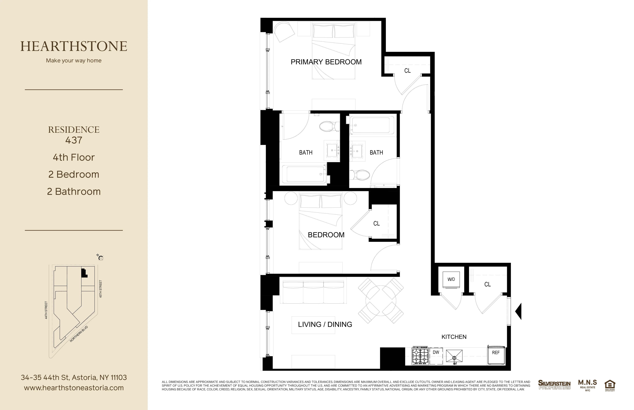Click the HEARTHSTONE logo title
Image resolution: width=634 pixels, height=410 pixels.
point(74,46)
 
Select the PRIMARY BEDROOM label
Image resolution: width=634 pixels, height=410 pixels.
point(326,62)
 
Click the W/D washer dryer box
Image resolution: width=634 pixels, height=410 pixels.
point(451,280)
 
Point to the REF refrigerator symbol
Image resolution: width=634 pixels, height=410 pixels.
point(496,355)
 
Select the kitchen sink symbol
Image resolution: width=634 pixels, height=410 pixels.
point(454,356)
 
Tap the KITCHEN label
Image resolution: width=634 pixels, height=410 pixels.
point(454,337)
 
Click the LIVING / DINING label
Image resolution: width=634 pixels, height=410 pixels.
point(325,324)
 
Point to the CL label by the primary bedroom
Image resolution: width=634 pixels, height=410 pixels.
point(407,71)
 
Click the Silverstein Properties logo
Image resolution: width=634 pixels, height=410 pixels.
point(554,385)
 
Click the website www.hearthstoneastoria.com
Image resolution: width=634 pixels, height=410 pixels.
point(74,388)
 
